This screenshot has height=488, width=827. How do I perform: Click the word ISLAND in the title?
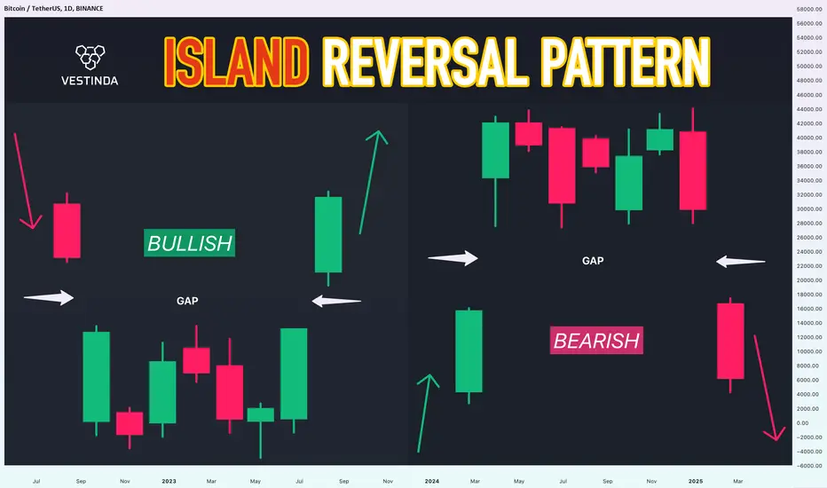[x=236, y=62]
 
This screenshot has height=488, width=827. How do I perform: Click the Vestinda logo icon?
[x=91, y=57]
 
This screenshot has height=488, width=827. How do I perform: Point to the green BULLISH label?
[x=189, y=243]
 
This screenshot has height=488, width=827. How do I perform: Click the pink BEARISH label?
[x=596, y=341]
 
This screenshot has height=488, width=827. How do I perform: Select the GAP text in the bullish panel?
[x=187, y=301]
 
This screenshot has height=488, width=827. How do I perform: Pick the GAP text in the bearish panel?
[x=593, y=261]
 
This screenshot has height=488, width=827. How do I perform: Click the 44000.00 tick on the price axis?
[x=809, y=109]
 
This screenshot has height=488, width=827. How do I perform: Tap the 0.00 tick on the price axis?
[x=802, y=423]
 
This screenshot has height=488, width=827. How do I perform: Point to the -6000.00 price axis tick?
[x=809, y=466]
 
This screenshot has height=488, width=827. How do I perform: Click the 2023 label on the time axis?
[x=169, y=481]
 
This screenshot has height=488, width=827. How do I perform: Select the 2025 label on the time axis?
[x=695, y=481]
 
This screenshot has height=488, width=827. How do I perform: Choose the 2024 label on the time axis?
[x=432, y=481]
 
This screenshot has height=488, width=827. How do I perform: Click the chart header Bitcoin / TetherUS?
[x=31, y=9]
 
